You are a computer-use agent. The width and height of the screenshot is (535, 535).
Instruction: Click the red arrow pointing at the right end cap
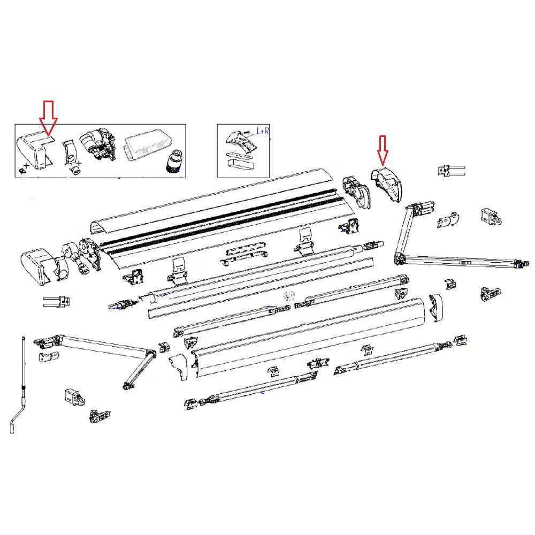pos(382,150)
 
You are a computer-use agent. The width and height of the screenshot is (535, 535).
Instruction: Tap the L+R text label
pos(263,131)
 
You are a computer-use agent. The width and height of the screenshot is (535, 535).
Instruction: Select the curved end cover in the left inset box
pos(34,150)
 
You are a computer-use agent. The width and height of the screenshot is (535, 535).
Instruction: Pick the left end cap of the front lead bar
pos(180,365)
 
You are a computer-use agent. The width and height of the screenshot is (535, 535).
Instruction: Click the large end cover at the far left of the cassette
pos(37,265)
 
